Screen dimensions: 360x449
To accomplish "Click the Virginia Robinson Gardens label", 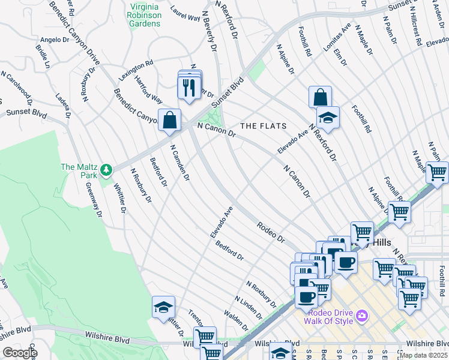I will [x=145, y=16].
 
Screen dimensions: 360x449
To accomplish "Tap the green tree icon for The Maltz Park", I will [x=107, y=170].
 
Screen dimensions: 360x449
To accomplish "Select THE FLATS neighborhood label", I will [x=263, y=126].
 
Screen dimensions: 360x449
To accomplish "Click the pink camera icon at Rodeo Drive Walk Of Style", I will [x=362, y=315].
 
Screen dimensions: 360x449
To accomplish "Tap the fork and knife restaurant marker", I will [x=189, y=88].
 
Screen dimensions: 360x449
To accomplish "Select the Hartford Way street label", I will [x=148, y=89].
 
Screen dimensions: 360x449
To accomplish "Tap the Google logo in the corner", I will [x=20, y=353].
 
